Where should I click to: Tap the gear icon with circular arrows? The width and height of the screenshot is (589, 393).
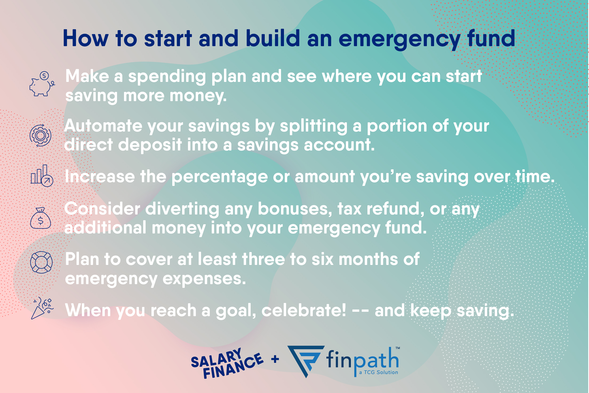(40, 136)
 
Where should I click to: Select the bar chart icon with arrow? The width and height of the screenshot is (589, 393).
(41, 176)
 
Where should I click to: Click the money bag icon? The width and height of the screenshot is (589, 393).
(40, 219)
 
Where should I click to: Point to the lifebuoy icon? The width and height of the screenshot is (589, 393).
(41, 262)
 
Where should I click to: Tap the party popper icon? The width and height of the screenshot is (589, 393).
(42, 309)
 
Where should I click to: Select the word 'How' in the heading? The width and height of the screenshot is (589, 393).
(86, 39)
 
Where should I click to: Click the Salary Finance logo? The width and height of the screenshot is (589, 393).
(227, 363)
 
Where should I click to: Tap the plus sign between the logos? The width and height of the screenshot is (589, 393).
(275, 359)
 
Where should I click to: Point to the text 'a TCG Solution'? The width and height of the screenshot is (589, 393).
(378, 372)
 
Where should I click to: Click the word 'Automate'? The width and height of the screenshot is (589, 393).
(103, 126)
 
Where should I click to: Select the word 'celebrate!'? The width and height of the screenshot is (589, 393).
(304, 311)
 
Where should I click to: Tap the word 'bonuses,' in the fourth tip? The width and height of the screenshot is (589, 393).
(295, 209)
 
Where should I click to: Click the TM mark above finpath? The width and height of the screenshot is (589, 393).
(398, 348)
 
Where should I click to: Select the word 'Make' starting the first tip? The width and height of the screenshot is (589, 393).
(87, 76)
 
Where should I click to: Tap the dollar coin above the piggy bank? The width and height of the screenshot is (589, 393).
(44, 76)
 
